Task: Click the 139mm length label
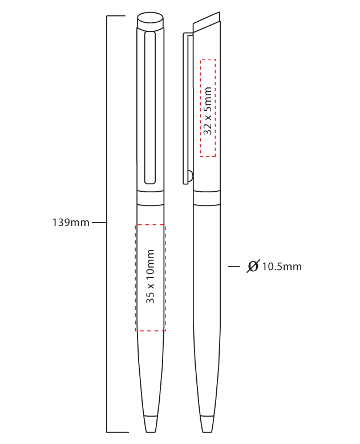pos(71,223)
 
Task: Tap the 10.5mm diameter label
pos(282,267)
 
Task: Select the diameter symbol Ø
pos(253,266)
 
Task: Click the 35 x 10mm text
pos(150,276)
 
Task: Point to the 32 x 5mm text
pos(208,111)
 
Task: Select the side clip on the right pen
pos(186,108)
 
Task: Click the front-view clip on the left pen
pos(149,108)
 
